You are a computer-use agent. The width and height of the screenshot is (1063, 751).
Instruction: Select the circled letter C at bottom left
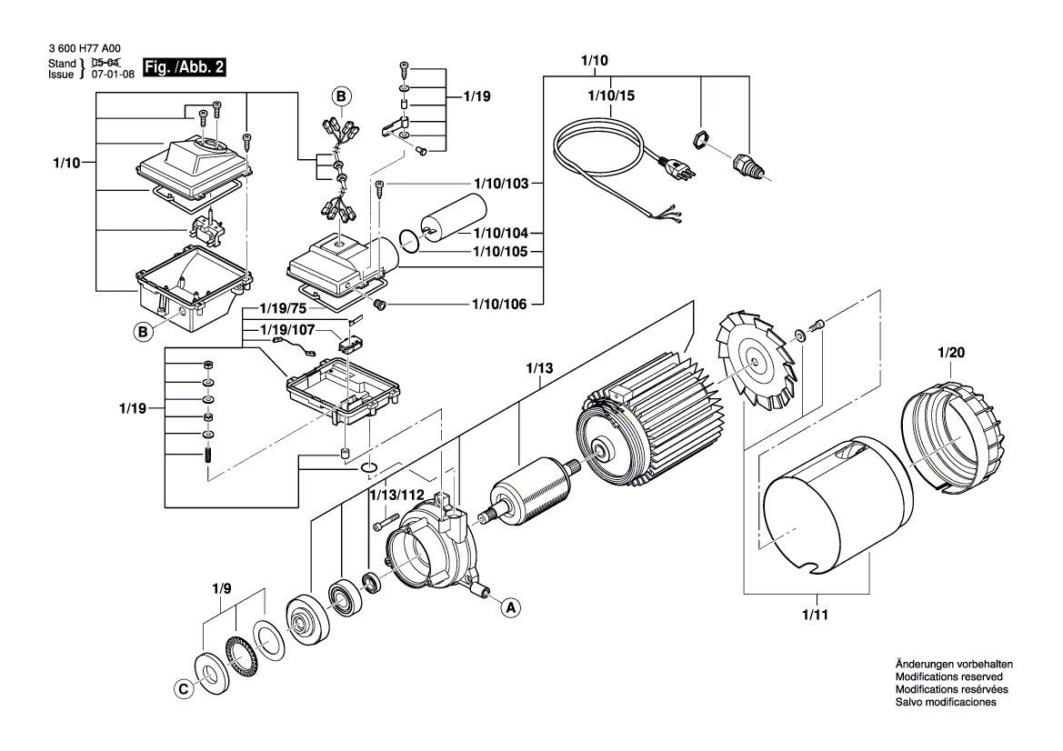tap(183, 689)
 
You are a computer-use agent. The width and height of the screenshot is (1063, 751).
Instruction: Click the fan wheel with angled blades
tap(754, 356)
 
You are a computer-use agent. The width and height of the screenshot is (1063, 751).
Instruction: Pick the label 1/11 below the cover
tap(816, 616)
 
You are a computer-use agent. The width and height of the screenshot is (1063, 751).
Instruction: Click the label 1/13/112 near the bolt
tap(396, 495)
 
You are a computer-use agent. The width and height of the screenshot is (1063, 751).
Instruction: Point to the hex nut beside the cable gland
tap(699, 139)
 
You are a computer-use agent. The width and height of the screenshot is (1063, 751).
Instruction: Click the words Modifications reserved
tap(948, 677)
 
